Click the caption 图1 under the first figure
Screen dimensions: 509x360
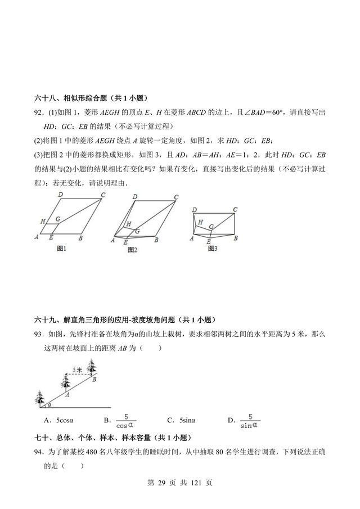pos(62,248)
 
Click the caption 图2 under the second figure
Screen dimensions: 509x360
pos(132,249)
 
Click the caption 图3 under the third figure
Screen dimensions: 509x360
pos(213,248)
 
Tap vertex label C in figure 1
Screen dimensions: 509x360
pos(103,195)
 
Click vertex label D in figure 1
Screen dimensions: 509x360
pos(60,194)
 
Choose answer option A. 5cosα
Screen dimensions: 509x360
pos(59,420)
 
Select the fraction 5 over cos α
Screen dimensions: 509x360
pos(126,421)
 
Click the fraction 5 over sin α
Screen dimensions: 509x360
pos(249,421)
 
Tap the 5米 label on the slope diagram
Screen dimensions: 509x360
pos(78,370)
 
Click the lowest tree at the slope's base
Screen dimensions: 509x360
pos(40,398)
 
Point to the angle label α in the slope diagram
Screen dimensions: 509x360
pos(49,404)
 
